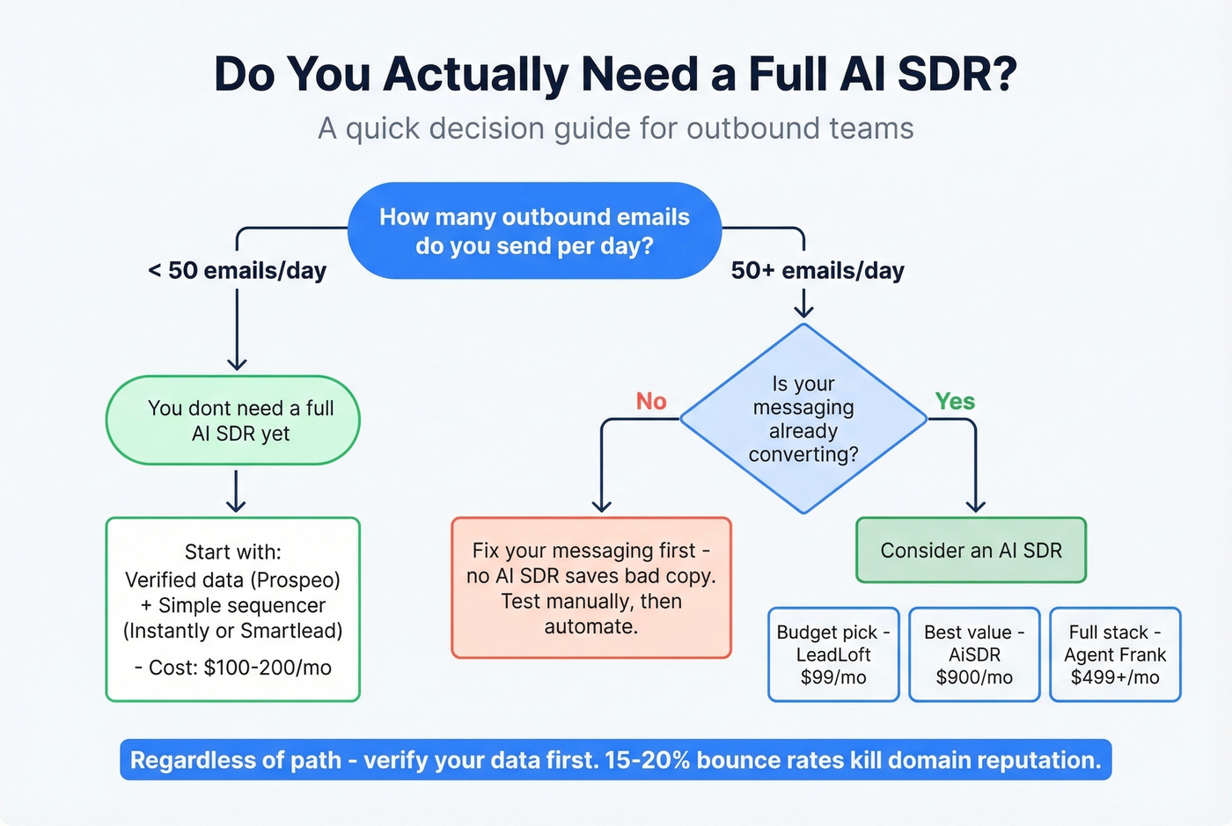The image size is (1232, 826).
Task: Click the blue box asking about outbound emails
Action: pos(534,230)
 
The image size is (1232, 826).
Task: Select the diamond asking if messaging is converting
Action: pos(803,419)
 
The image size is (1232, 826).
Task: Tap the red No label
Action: pos(651,401)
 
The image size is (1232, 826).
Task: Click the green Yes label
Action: pos(955,401)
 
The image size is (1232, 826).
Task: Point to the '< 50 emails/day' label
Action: pos(238,271)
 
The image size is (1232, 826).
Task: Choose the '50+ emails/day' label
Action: pos(818,271)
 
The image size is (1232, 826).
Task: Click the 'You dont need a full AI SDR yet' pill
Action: pos(233,420)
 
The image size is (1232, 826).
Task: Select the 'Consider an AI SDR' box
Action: pos(971,551)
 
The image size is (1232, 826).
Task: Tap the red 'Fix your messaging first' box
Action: pos(591,588)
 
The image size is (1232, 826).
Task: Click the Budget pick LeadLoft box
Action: pos(833,654)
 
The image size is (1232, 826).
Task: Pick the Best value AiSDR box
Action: pos(974,654)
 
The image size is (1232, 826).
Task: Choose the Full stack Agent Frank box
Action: pos(1115,654)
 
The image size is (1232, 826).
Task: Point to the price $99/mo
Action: pos(833,677)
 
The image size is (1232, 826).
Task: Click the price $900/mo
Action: pos(974,677)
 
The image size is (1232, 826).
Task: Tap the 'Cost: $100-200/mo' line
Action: pos(233,668)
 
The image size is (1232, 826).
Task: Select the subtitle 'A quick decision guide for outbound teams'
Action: pos(616,128)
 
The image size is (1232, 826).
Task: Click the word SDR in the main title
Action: pos(956,74)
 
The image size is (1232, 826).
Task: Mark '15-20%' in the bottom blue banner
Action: pos(648,760)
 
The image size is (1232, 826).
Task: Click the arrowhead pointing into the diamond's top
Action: pos(803,311)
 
